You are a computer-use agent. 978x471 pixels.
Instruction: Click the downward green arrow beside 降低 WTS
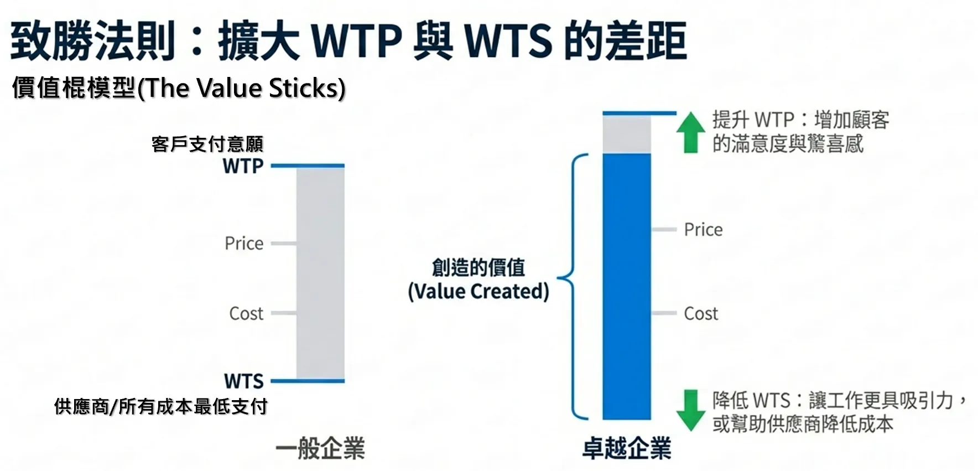point(690,410)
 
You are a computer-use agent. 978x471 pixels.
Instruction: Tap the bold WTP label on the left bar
point(243,166)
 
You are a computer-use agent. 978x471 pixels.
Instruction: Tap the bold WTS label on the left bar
point(244,381)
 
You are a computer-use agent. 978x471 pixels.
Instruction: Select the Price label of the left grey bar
point(244,244)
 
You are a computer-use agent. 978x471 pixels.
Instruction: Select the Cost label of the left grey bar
point(246,314)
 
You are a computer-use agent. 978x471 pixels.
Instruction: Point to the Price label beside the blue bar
point(703,230)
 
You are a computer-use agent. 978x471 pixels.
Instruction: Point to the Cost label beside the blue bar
point(701,314)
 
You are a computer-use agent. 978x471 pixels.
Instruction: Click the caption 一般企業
point(320,448)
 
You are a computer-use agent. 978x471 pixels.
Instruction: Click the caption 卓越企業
point(627,448)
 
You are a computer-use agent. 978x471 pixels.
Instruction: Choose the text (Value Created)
point(478,292)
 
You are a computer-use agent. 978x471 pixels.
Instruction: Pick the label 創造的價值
point(478,268)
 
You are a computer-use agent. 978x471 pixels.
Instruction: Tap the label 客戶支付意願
point(207,144)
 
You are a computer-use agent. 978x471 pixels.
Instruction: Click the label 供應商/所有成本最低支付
point(161,407)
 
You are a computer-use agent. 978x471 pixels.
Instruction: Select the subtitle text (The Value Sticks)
point(242,89)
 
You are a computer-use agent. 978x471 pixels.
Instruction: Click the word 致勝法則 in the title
point(93,41)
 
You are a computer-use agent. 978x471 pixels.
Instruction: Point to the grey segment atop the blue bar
point(626,134)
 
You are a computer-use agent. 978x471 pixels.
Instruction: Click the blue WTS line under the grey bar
point(308,381)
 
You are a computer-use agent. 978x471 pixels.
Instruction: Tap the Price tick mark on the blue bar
point(664,229)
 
